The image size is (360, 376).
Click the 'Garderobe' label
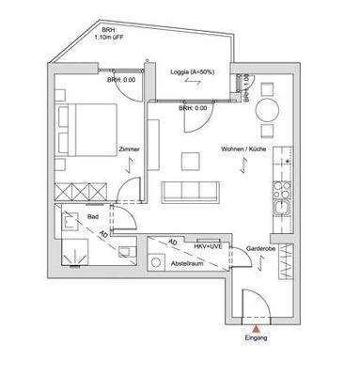click(258, 248)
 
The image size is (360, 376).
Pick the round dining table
click(269, 109)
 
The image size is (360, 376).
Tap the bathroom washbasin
click(70, 225)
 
